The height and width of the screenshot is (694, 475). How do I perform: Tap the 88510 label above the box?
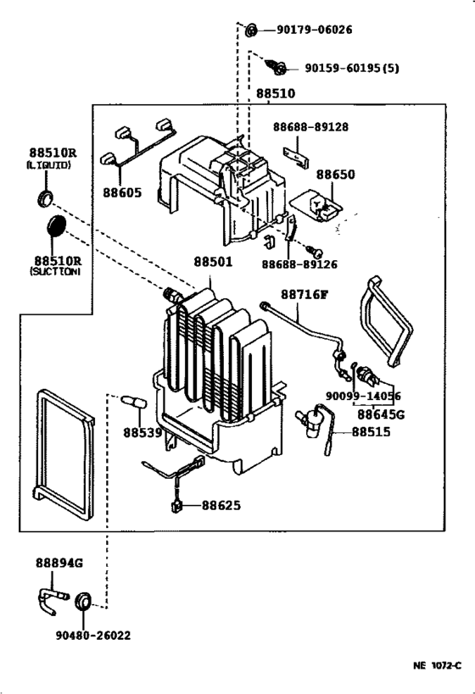276,93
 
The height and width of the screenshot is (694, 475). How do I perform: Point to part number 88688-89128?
310,127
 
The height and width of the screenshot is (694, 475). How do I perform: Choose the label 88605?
124,193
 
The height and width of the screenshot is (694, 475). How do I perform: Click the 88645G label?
381,414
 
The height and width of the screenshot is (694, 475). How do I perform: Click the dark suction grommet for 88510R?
54,227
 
